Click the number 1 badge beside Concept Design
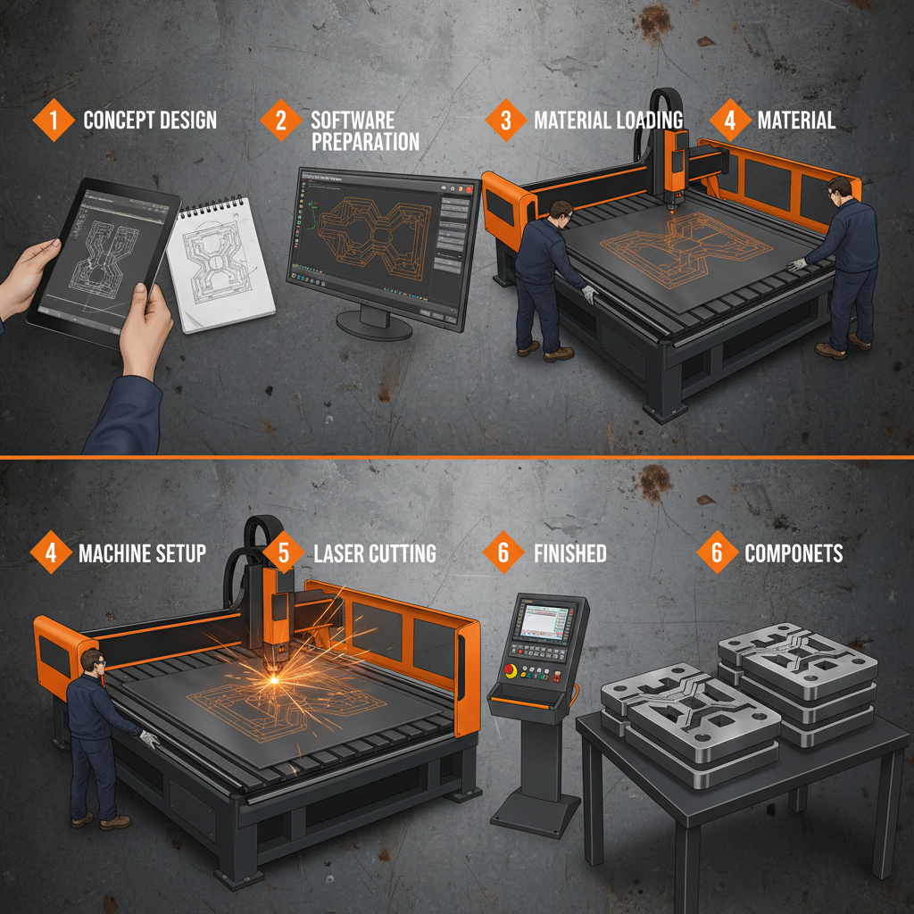pos(54,120)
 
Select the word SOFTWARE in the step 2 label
pos(352,120)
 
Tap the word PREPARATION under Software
pos(365,142)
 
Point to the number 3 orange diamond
pos(506,120)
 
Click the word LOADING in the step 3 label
pos(647,120)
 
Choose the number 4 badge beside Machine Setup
pos(51,553)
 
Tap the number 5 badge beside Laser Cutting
pos(284,553)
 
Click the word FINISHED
pos(569,553)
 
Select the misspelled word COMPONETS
pos(794,553)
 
